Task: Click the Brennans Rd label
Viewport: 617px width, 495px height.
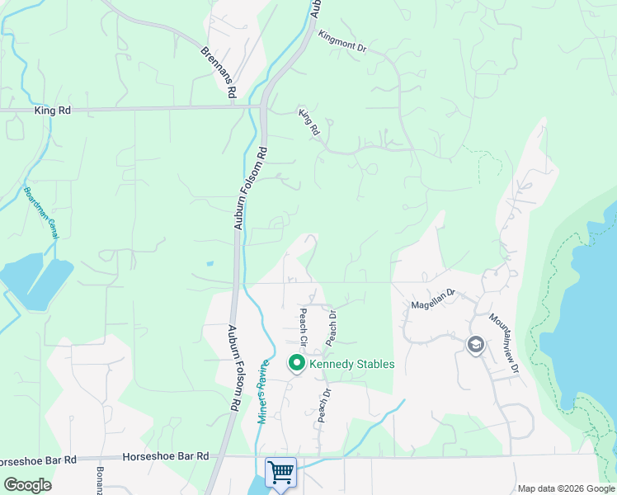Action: point(219,70)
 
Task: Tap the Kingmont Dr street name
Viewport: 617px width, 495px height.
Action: point(341,42)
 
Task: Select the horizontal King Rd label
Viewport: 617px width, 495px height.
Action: point(53,109)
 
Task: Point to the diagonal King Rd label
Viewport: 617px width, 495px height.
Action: point(308,121)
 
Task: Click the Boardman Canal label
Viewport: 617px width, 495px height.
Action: point(39,213)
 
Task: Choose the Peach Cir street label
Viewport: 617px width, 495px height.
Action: point(303,327)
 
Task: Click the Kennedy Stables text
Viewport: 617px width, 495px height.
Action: point(352,364)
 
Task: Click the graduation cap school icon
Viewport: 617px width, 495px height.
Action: point(475,344)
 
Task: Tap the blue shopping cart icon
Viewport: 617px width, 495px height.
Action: point(280,472)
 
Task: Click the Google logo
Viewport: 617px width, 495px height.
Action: point(28,485)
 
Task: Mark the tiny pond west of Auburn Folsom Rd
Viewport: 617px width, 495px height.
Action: point(210,264)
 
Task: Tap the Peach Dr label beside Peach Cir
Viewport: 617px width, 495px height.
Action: point(332,328)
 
